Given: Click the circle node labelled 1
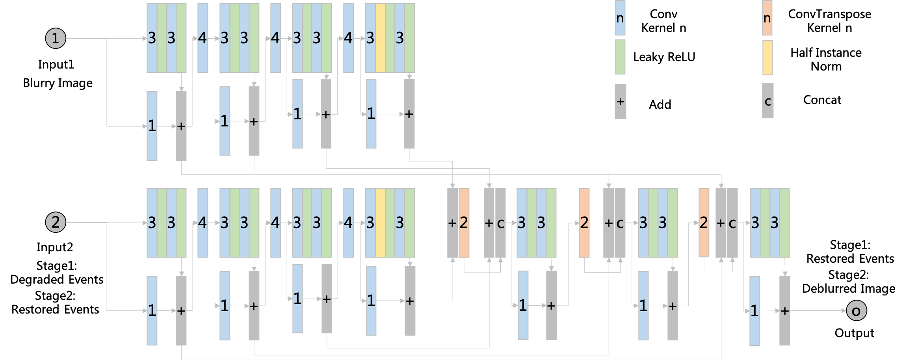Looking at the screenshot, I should point(56,38).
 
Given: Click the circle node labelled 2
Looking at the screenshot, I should point(56,222).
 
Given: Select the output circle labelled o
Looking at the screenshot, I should point(856,311).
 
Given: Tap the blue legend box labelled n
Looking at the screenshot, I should point(620,18).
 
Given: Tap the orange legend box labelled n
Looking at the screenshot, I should point(767,18).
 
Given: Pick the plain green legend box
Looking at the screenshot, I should point(620,57).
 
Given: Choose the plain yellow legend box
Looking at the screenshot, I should point(767,58).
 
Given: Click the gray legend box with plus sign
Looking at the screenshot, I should point(620,101).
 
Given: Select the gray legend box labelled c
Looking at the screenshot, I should point(767,101).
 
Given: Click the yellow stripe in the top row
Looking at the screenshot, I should point(380,38).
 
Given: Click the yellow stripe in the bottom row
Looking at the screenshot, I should point(380,223).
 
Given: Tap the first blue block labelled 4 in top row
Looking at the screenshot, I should point(203,38).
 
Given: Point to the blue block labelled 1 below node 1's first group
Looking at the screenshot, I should point(152,126).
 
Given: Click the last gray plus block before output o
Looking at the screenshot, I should point(784,311).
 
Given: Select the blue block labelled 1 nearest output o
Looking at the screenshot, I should point(754,311).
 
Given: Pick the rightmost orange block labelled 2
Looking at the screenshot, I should point(704,223).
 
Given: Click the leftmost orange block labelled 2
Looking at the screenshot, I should point(464,223).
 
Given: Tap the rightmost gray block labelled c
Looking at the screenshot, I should point(732,223).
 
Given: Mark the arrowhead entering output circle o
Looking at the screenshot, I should point(844,311).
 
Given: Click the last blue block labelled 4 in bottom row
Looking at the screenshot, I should point(348,223).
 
